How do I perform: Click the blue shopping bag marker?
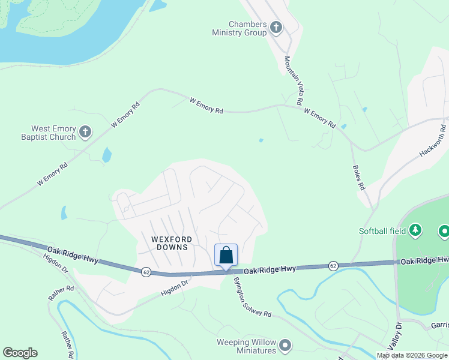point(226,255)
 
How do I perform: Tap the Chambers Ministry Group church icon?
point(276,27)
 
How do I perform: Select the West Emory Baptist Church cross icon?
point(85,131)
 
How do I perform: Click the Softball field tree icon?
point(415,230)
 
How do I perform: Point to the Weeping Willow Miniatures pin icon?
point(285,346)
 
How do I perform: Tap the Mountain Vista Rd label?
point(293,81)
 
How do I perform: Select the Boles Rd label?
point(358,178)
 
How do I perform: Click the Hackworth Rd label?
point(433,140)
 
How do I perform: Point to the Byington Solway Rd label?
point(253,296)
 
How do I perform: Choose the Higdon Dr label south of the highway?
point(175,286)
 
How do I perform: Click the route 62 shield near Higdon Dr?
point(146,272)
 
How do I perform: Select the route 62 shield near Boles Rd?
point(334,265)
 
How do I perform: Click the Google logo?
point(20,353)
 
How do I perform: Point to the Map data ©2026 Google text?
point(412,355)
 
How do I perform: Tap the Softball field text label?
point(382,231)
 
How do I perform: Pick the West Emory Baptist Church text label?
point(53,133)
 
